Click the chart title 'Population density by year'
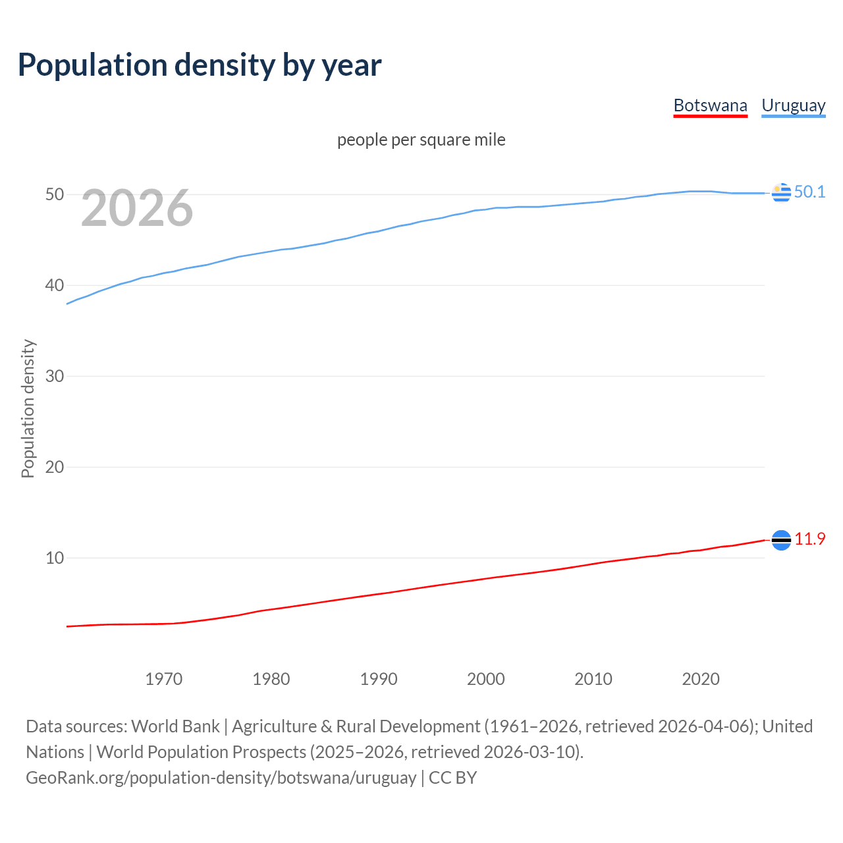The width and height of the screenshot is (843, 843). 200,65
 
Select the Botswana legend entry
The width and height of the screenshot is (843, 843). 710,105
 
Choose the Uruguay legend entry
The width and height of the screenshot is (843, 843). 793,105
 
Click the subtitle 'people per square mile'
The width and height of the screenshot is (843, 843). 421,140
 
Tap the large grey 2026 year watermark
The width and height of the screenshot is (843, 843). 137,208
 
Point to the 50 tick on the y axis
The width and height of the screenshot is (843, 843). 55,195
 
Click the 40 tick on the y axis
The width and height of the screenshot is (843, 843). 55,286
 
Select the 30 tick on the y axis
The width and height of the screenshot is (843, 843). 55,377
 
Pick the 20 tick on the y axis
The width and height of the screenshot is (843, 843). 55,468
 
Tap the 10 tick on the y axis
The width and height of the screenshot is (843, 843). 55,558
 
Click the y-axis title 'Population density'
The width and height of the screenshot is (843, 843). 28,408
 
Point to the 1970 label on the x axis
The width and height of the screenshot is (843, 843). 164,679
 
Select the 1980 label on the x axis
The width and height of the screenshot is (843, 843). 271,679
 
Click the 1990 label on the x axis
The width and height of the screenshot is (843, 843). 379,679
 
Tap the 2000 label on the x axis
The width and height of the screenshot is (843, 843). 486,679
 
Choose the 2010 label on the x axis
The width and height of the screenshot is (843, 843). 593,679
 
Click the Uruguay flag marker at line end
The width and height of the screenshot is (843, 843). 781,193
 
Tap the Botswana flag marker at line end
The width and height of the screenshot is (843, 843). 781,540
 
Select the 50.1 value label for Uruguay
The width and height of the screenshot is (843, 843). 809,192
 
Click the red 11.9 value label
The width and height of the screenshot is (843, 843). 809,539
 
